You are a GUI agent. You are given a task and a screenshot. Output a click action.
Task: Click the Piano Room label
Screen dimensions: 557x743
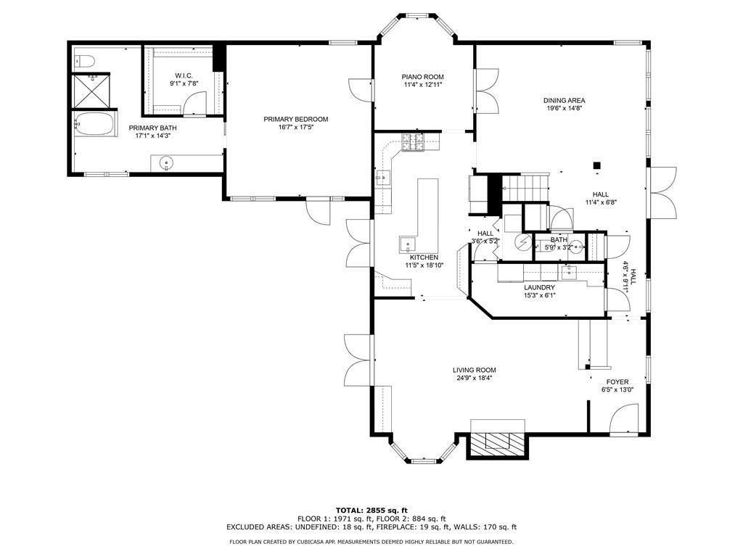pyautogui.click(x=423, y=77)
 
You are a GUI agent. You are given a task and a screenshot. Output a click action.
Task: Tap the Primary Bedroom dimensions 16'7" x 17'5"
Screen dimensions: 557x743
pyautogui.click(x=296, y=128)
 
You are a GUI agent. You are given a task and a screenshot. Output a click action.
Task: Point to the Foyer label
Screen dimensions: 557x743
pyautogui.click(x=617, y=382)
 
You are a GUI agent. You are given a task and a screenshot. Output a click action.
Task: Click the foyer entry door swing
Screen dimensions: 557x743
pyautogui.click(x=623, y=420)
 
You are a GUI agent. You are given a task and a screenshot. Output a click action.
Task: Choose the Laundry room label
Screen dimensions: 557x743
pyautogui.click(x=539, y=287)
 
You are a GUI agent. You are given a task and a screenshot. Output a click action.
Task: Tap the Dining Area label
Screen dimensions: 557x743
pyautogui.click(x=565, y=101)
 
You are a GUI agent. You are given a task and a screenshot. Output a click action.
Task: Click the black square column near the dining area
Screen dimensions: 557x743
pyautogui.click(x=596, y=165)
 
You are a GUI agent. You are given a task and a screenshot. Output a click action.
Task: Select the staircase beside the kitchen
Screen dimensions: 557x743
pyautogui.click(x=525, y=187)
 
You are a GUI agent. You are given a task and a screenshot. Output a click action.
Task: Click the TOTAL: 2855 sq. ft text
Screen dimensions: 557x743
pyautogui.click(x=371, y=510)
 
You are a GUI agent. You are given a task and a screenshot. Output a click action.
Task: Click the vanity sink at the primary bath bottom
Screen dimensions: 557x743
pyautogui.click(x=166, y=163)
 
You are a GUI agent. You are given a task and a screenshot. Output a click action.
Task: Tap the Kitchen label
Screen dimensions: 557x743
pyautogui.click(x=424, y=257)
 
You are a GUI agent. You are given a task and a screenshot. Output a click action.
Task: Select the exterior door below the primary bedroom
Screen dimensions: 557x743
pyautogui.click(x=317, y=212)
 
